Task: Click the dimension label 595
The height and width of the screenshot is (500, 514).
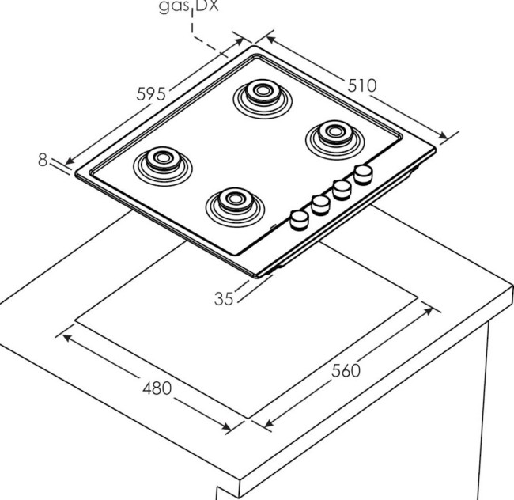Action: pos(150,93)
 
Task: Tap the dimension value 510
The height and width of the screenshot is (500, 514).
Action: pos(361,84)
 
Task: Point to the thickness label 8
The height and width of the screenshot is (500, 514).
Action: pos(43,161)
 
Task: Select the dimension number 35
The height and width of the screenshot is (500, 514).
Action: pos(225,298)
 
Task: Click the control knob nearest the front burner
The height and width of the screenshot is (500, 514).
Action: pos(300,218)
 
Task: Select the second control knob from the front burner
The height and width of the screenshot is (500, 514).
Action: pos(320,203)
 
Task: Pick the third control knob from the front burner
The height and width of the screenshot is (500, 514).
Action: pos(342,188)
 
